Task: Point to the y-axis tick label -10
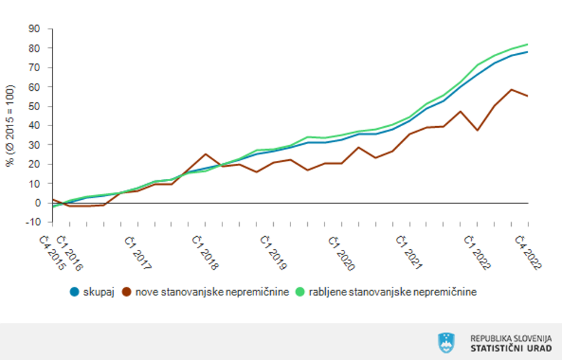click(x=32, y=222)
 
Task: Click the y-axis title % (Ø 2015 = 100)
click(x=10, y=125)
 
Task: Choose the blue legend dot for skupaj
click(x=75, y=292)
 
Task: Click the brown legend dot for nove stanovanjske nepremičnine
click(x=127, y=292)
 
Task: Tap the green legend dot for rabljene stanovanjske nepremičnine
click(x=299, y=292)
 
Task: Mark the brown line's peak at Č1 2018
click(x=205, y=154)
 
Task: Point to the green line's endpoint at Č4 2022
click(x=528, y=44)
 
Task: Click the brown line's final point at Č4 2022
click(x=528, y=96)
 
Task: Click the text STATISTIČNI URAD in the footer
click(x=511, y=348)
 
